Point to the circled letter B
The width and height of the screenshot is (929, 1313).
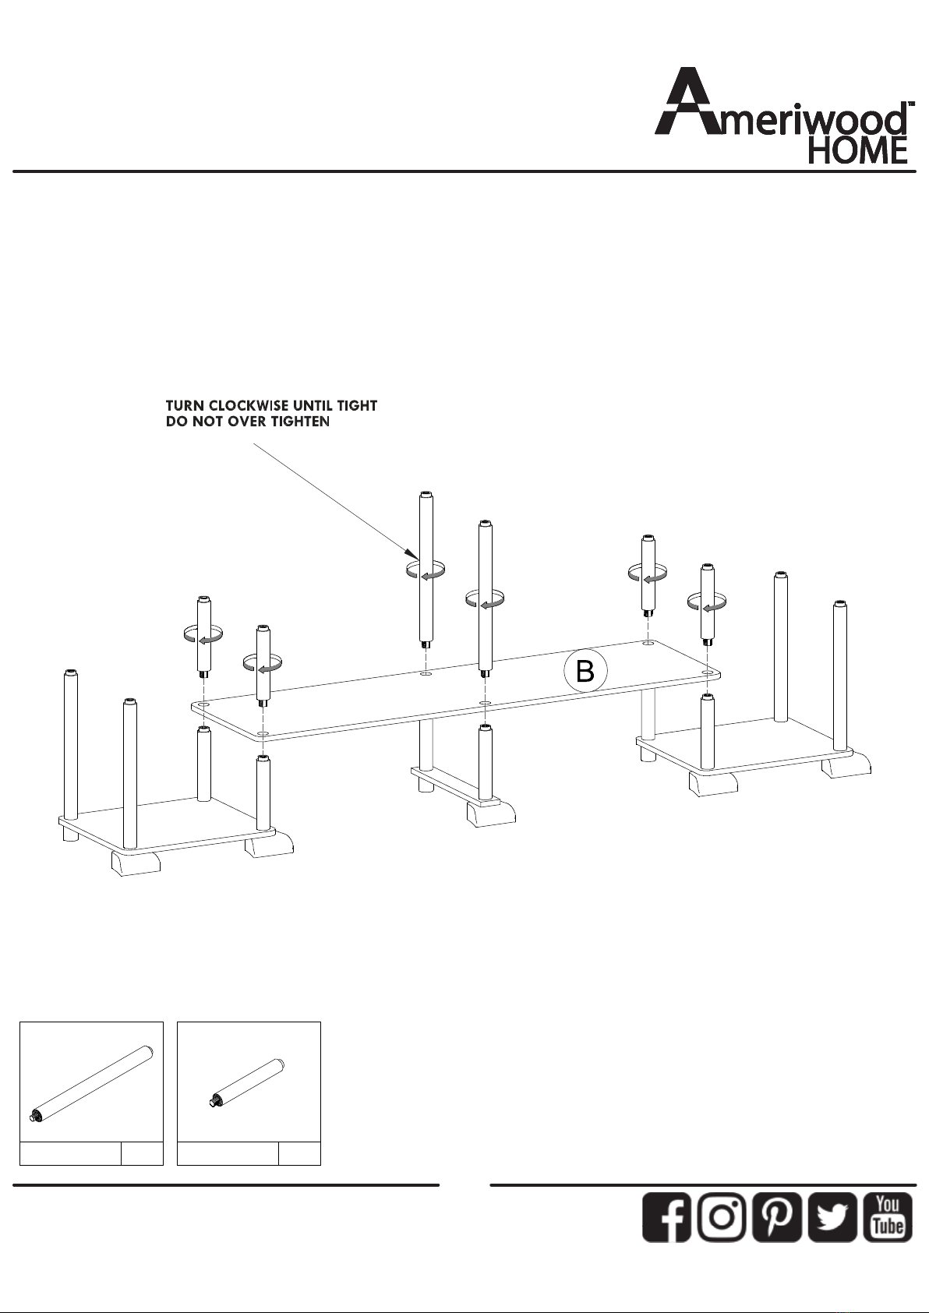[585, 671]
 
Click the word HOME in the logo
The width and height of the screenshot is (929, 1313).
[858, 150]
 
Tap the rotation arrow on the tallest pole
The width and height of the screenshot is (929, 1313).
[426, 570]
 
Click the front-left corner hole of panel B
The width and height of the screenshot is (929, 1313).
[263, 734]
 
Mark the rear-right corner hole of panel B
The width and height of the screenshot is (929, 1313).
[648, 644]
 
